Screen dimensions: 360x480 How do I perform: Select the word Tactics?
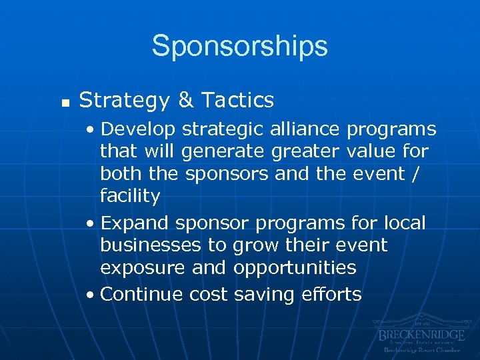237,100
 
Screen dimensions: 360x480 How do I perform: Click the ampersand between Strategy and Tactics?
186,100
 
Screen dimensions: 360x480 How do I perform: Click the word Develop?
137,129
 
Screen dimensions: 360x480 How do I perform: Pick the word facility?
130,197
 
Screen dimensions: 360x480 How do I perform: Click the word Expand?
135,222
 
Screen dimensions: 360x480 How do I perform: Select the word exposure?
141,268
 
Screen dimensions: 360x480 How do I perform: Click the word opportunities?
295,268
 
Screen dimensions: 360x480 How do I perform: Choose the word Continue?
142,294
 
